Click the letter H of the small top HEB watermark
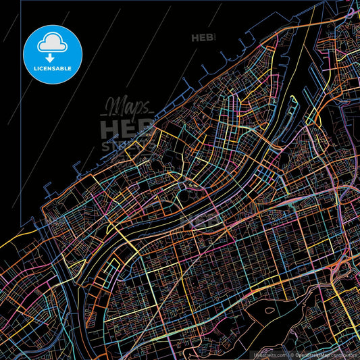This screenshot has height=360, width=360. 196,38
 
